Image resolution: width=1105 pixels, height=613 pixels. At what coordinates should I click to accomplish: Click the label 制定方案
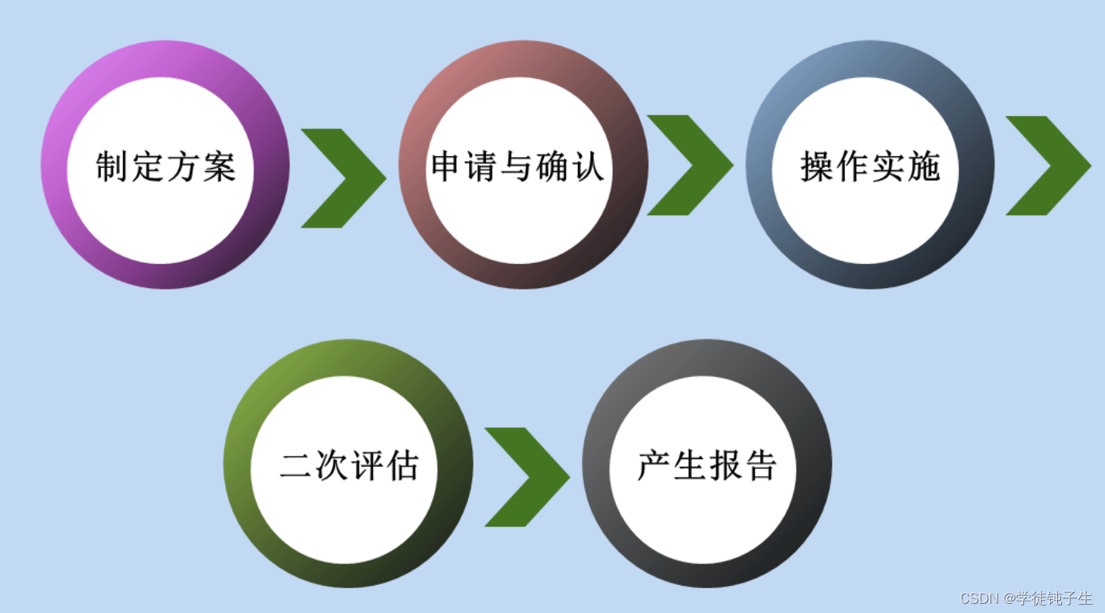[166, 166]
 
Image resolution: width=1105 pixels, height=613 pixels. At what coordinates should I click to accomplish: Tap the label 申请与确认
[517, 166]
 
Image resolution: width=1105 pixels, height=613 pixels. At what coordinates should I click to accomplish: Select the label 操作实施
[870, 166]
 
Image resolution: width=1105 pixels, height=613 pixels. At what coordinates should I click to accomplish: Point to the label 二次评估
[349, 466]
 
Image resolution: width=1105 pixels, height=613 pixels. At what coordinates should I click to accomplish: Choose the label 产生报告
[706, 466]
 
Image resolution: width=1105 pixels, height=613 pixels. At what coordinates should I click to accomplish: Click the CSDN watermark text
[1026, 598]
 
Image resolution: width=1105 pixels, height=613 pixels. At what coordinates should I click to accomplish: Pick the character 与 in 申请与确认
[517, 166]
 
